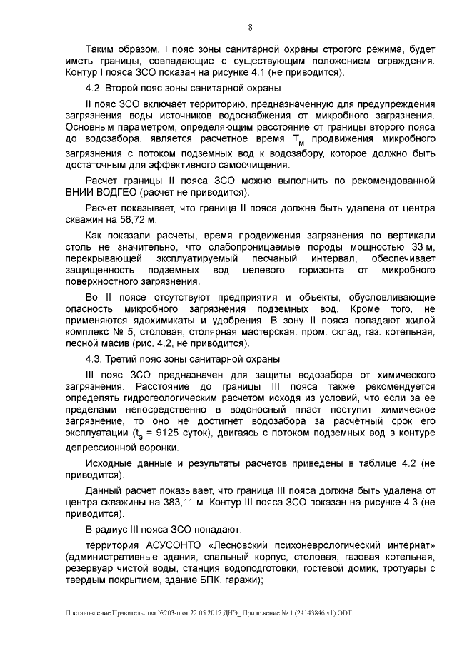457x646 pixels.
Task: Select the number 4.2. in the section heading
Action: click(x=94, y=89)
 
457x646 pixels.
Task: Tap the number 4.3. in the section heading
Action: click(x=94, y=359)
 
